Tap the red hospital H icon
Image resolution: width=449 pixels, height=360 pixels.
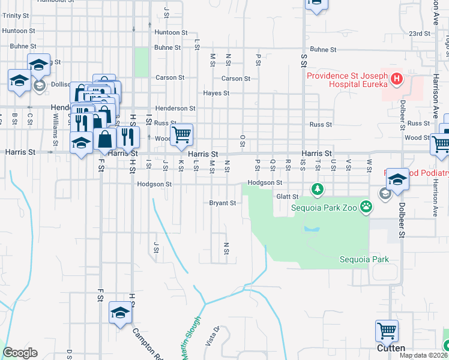pyautogui.click(x=396, y=79)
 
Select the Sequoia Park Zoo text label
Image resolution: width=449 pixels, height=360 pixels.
pyautogui.click(x=324, y=208)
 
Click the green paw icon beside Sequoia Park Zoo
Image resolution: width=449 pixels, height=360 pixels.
pyautogui.click(x=366, y=208)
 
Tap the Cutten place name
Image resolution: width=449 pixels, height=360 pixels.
pyautogui.click(x=391, y=348)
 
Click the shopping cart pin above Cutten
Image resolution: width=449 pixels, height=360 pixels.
pyautogui.click(x=387, y=331)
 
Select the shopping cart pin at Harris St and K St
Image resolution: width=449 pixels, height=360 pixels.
pyautogui.click(x=181, y=134)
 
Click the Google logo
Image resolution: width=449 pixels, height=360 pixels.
pyautogui.click(x=20, y=353)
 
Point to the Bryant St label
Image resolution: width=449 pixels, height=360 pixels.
pyautogui.click(x=222, y=203)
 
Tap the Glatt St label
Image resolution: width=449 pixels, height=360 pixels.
pyautogui.click(x=287, y=196)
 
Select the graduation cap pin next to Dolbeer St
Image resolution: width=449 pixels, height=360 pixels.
pyautogui.click(x=397, y=179)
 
